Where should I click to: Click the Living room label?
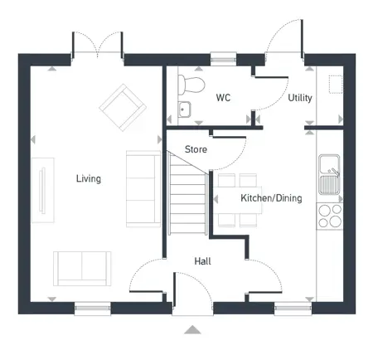coord(88,178)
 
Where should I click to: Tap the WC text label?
coord(223,98)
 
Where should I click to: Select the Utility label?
coord(299,98)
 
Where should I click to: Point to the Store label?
coord(196,150)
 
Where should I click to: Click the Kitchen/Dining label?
coord(271,198)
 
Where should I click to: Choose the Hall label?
coord(202,261)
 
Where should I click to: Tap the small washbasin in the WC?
coord(184,108)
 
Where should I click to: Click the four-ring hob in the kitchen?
coord(330,215)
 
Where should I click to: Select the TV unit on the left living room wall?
coord(39,192)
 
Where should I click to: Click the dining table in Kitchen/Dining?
coord(239,200)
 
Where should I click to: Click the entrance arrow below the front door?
coord(192,329)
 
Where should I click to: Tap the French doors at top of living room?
coord(97,48)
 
